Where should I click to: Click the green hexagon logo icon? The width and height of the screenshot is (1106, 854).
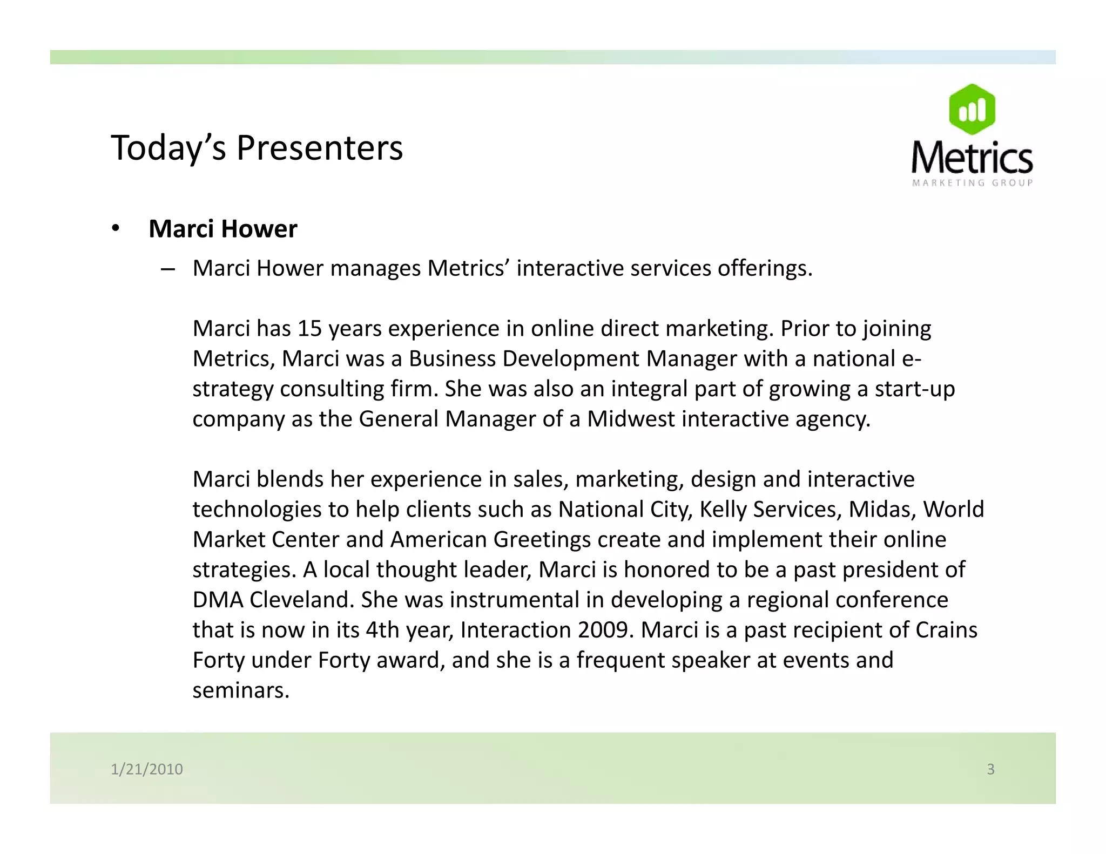pyautogui.click(x=972, y=110)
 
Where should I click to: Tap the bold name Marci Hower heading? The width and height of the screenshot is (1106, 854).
pyautogui.click(x=222, y=229)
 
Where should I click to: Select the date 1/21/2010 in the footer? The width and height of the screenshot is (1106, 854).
pyautogui.click(x=147, y=769)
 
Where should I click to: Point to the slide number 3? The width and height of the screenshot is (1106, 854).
pyautogui.click(x=990, y=769)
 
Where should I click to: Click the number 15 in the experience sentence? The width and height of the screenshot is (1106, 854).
pyautogui.click(x=309, y=328)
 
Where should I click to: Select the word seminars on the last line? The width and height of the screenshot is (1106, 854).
pyautogui.click(x=240, y=690)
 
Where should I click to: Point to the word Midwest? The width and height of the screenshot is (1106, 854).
pyautogui.click(x=631, y=419)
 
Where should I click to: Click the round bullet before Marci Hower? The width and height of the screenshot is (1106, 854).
pyautogui.click(x=115, y=229)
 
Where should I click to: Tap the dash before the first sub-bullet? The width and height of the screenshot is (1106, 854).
pyautogui.click(x=167, y=269)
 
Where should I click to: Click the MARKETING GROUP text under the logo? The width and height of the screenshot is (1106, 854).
pyautogui.click(x=972, y=183)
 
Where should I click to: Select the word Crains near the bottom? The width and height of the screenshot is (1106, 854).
pyautogui.click(x=946, y=630)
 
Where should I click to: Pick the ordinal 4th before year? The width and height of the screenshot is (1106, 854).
pyautogui.click(x=382, y=630)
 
